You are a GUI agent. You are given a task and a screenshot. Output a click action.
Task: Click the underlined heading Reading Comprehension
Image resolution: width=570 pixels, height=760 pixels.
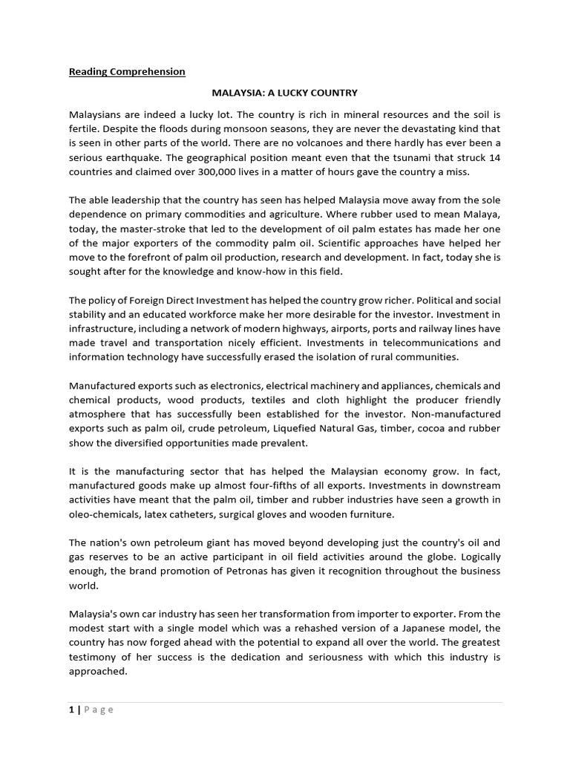pyautogui.click(x=127, y=72)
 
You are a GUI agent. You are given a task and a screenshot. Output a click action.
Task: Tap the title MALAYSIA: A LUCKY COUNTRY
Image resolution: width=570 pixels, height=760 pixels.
pyautogui.click(x=285, y=93)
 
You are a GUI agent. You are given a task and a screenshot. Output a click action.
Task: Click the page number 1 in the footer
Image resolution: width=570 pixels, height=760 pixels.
pyautogui.click(x=71, y=710)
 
